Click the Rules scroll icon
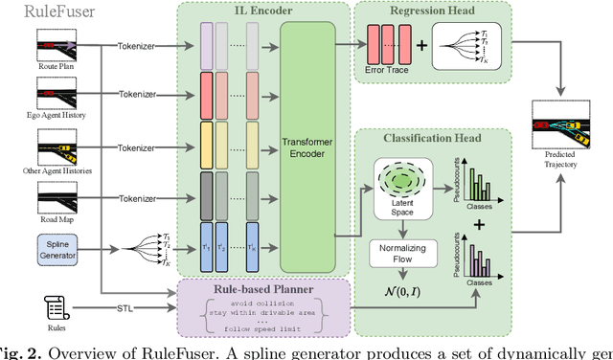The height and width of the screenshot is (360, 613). click(55, 307)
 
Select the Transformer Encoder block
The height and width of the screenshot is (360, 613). click(306, 146)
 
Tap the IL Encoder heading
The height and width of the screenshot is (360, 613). click(262, 11)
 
